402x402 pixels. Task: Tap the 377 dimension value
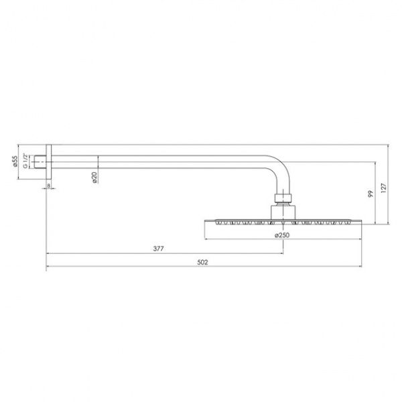click(159, 248)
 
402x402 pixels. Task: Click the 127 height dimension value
click(383, 189)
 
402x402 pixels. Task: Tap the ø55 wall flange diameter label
click(15, 162)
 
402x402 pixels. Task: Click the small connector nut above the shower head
click(282, 198)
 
